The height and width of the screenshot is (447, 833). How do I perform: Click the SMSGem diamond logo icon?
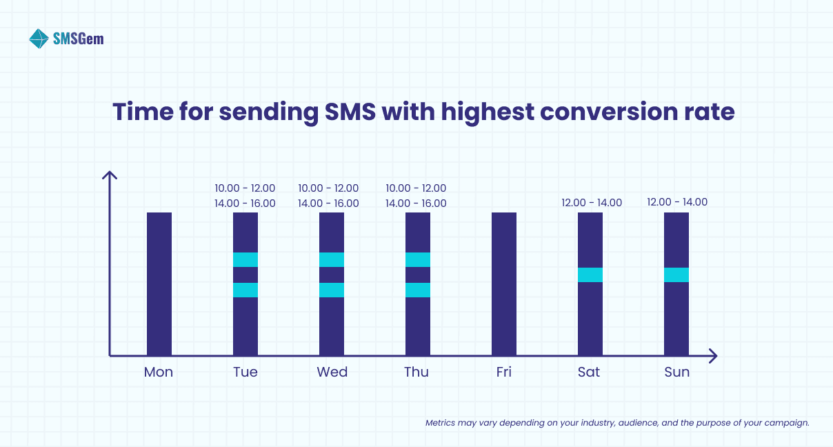(39, 39)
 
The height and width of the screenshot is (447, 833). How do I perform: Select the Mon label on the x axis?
(159, 372)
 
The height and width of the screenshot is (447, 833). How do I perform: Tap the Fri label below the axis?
(504, 372)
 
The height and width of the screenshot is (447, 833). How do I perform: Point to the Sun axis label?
(676, 372)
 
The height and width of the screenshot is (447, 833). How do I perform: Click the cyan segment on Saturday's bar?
(590, 275)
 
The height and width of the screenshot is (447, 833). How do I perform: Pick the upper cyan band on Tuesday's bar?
(245, 259)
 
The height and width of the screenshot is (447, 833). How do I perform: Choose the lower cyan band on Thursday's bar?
(418, 290)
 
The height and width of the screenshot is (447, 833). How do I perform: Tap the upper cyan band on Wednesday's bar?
(332, 259)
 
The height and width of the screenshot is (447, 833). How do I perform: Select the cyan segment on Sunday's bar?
(676, 275)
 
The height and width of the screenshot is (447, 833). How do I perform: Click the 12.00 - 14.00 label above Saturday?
(592, 203)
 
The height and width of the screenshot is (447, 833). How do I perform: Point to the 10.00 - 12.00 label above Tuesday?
(245, 188)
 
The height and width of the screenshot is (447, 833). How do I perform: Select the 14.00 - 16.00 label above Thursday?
(416, 203)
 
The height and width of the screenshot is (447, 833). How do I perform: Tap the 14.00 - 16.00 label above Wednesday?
(328, 203)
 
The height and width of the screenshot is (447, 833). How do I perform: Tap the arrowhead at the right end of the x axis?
(713, 356)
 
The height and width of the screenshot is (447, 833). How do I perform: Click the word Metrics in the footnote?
(440, 423)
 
